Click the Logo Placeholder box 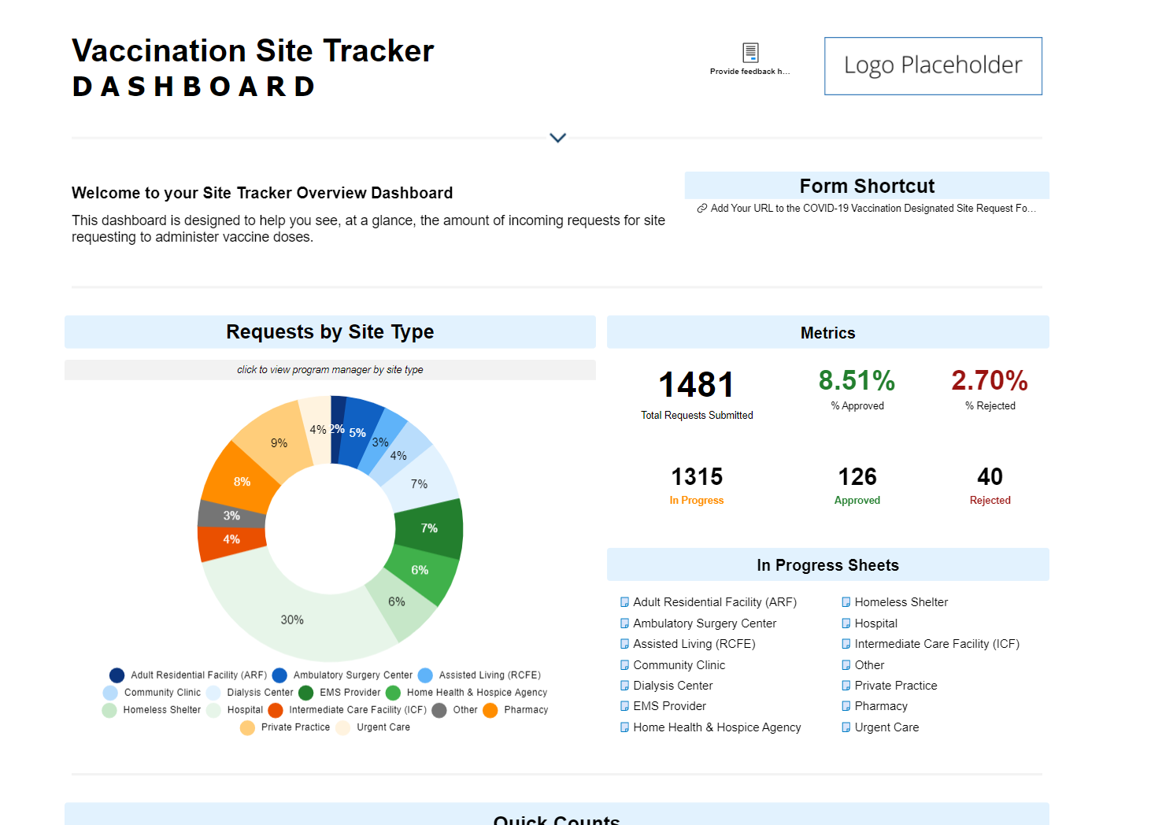tap(933, 66)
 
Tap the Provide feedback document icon tap(750, 53)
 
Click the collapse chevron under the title tap(557, 138)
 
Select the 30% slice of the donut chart tap(291, 620)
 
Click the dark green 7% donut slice tap(429, 528)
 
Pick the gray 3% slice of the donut tap(231, 516)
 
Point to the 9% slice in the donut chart tap(279, 443)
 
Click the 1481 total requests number tap(696, 385)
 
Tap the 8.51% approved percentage tap(857, 381)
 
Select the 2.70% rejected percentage tap(990, 381)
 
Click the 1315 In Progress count tap(696, 477)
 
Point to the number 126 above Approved tap(857, 477)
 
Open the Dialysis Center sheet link tap(672, 686)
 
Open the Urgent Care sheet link tap(886, 727)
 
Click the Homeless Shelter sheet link tap(901, 602)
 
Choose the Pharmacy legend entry tap(525, 710)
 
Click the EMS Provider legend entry tap(350, 693)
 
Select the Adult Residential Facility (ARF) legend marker tap(117, 675)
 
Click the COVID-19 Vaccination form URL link tap(872, 209)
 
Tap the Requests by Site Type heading tap(330, 332)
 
